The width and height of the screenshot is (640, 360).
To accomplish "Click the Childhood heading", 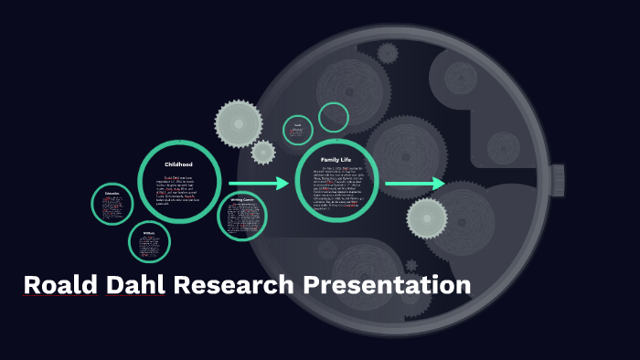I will pos(178,164).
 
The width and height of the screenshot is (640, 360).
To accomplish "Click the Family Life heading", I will pos(336,159).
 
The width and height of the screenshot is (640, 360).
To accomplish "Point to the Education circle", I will pos(112,205).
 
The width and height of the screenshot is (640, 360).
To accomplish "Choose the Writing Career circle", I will pos(242,216).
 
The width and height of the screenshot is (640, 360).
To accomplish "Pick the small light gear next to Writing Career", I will pos(263,152).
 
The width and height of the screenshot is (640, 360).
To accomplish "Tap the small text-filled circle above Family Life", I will pos(298,130).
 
